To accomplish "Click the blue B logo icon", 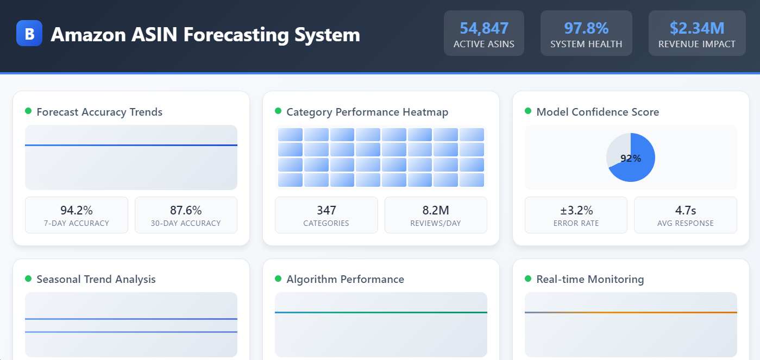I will coord(29,34).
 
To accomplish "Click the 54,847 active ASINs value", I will coord(483,28).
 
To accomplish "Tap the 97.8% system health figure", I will coord(586,28).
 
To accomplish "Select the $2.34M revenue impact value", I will coord(696,28).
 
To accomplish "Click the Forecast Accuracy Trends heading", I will coord(99,112).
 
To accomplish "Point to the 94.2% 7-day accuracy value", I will coord(77,210).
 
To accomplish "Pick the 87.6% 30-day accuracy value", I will coord(186,210).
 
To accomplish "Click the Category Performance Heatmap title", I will coord(367,112).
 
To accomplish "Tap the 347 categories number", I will coord(326,210).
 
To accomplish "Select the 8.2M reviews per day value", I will coord(436,210).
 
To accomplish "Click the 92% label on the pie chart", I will coord(631,159).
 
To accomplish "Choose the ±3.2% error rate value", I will coord(576,210).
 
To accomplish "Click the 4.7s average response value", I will coord(686,210).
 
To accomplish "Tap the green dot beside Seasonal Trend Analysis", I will coord(28,279).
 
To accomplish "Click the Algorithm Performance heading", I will coord(345,280).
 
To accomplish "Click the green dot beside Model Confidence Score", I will coord(528,111).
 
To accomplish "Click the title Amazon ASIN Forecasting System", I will coord(205,34).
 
